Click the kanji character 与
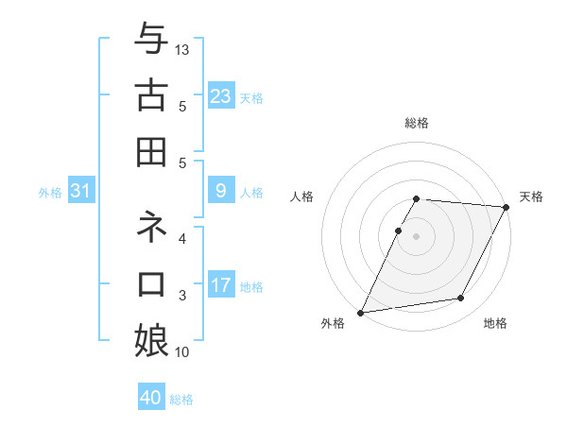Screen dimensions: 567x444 click(151, 39)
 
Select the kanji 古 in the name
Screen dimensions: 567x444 click(151, 94)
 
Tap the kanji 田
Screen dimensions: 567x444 click(151, 150)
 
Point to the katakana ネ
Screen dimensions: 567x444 click(151, 227)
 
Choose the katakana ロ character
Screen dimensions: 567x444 click(151, 283)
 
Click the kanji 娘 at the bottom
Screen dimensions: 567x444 click(151, 339)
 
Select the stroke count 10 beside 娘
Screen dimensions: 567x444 click(183, 352)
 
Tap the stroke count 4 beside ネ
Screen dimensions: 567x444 click(182, 239)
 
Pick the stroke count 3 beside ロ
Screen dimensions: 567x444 click(182, 296)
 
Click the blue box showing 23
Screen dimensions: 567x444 click(221, 95)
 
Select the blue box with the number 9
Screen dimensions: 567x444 click(221, 191)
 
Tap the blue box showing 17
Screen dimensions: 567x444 click(221, 285)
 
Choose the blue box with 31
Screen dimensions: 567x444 click(81, 191)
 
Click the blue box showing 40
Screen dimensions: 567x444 click(151, 398)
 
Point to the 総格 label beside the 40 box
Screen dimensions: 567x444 click(181, 400)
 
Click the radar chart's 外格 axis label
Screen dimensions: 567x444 click(334, 323)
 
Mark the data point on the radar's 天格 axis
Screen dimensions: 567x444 click(506, 207)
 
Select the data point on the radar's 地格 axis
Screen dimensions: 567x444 click(461, 299)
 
